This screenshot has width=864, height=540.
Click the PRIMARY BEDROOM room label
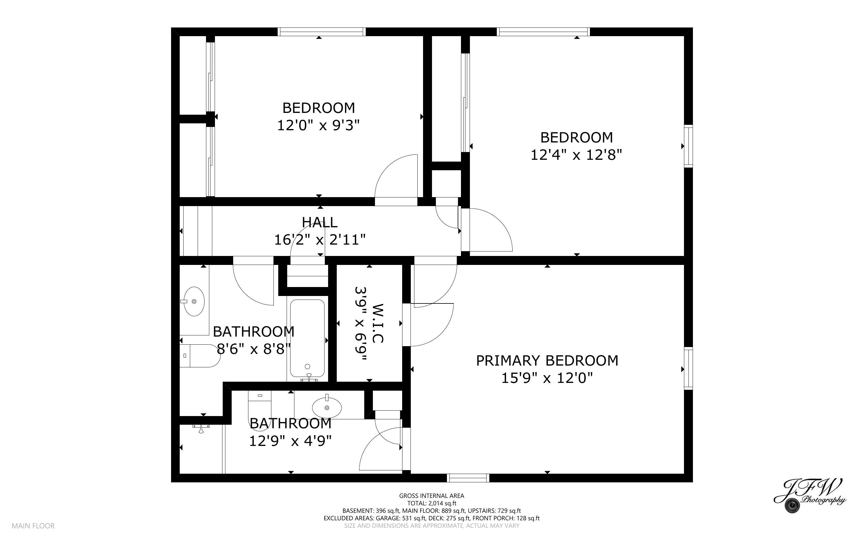(547, 361)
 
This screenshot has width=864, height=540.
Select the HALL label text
(319, 223)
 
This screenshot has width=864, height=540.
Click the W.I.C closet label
(378, 323)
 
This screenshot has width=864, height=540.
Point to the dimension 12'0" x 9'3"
(318, 125)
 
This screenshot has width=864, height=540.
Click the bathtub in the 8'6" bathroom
(307, 338)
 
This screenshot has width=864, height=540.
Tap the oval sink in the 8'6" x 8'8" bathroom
(194, 301)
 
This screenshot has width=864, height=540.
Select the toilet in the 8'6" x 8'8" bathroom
(200, 356)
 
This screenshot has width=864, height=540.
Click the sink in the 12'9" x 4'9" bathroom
(327, 407)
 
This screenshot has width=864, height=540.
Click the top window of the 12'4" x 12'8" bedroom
(543, 32)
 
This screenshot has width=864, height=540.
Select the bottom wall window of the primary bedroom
(468, 478)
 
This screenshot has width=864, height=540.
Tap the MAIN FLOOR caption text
(33, 526)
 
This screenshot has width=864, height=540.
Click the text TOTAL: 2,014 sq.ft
(431, 503)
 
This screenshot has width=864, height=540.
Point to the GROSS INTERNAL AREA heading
(431, 496)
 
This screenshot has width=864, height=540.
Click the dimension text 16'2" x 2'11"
(319, 240)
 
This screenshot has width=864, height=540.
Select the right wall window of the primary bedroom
(688, 368)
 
